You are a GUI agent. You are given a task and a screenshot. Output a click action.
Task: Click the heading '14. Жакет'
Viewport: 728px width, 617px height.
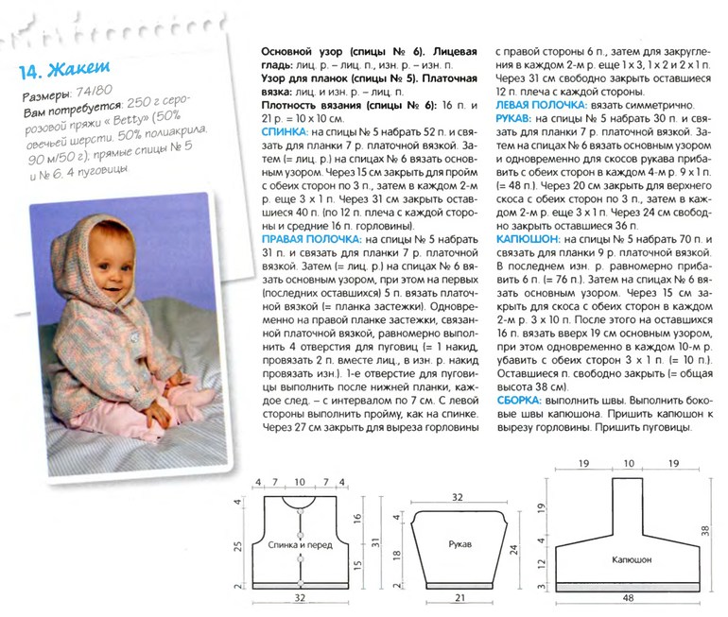(x=64, y=71)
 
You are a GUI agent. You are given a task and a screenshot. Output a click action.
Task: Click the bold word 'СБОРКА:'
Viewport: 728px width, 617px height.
(x=523, y=401)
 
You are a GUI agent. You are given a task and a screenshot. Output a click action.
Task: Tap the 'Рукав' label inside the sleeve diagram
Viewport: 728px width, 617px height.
(x=457, y=545)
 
